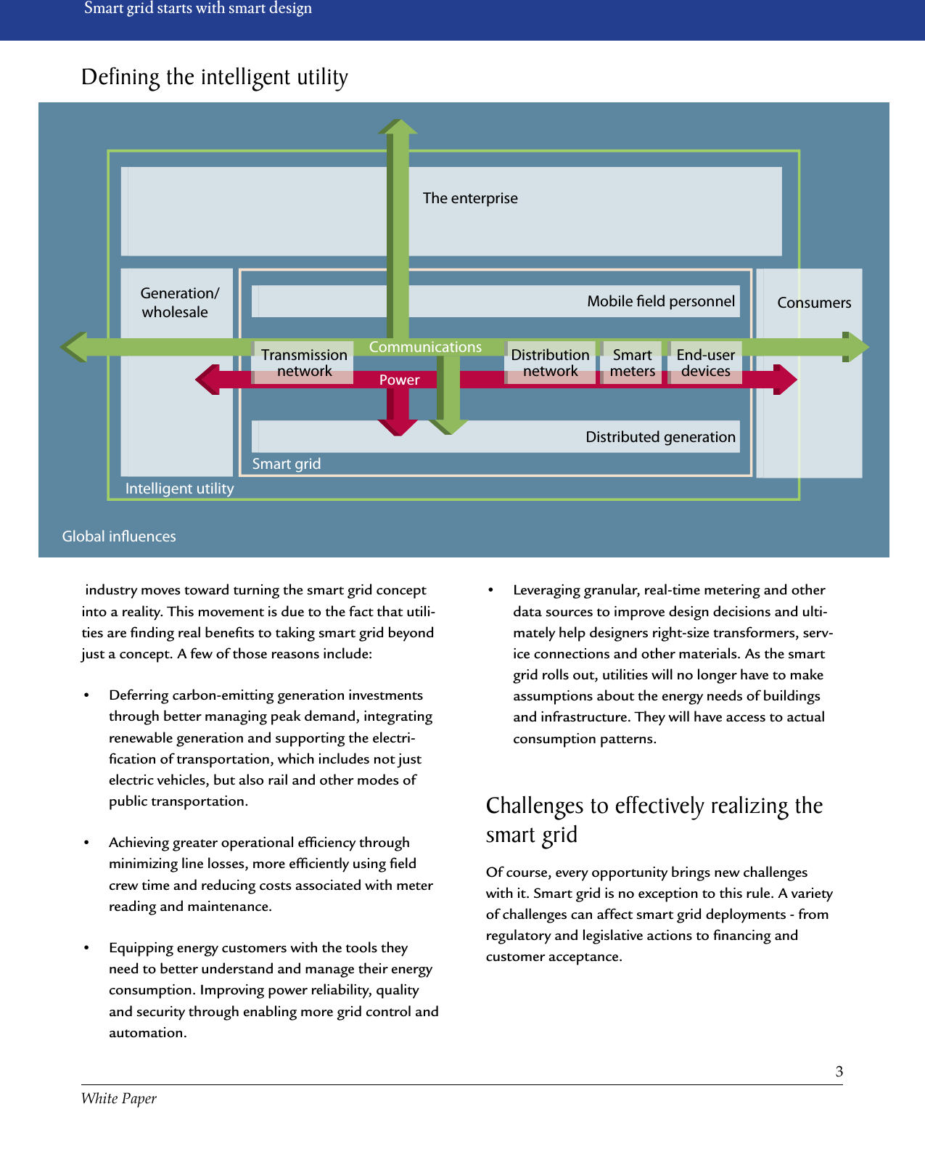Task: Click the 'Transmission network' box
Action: (x=303, y=362)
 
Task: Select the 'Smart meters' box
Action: (x=632, y=362)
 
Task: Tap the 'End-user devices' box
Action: (x=705, y=362)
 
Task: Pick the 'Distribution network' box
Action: (x=550, y=362)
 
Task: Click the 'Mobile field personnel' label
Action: (x=660, y=301)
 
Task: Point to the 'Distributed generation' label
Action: (x=660, y=437)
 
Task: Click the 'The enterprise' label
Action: (x=470, y=198)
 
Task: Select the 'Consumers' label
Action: (x=814, y=303)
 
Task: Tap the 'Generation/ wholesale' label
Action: (x=178, y=303)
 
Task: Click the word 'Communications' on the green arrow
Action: (x=425, y=347)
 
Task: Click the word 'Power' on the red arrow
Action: (x=399, y=380)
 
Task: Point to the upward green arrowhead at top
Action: (x=398, y=127)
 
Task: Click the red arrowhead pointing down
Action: (x=398, y=426)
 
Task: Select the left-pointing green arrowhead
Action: (x=73, y=347)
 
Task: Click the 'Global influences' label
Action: (x=119, y=536)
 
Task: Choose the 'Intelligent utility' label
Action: (x=179, y=488)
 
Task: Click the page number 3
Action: (x=839, y=1071)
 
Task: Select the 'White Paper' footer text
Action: (x=119, y=1098)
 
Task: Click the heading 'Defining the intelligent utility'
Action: (x=215, y=77)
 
